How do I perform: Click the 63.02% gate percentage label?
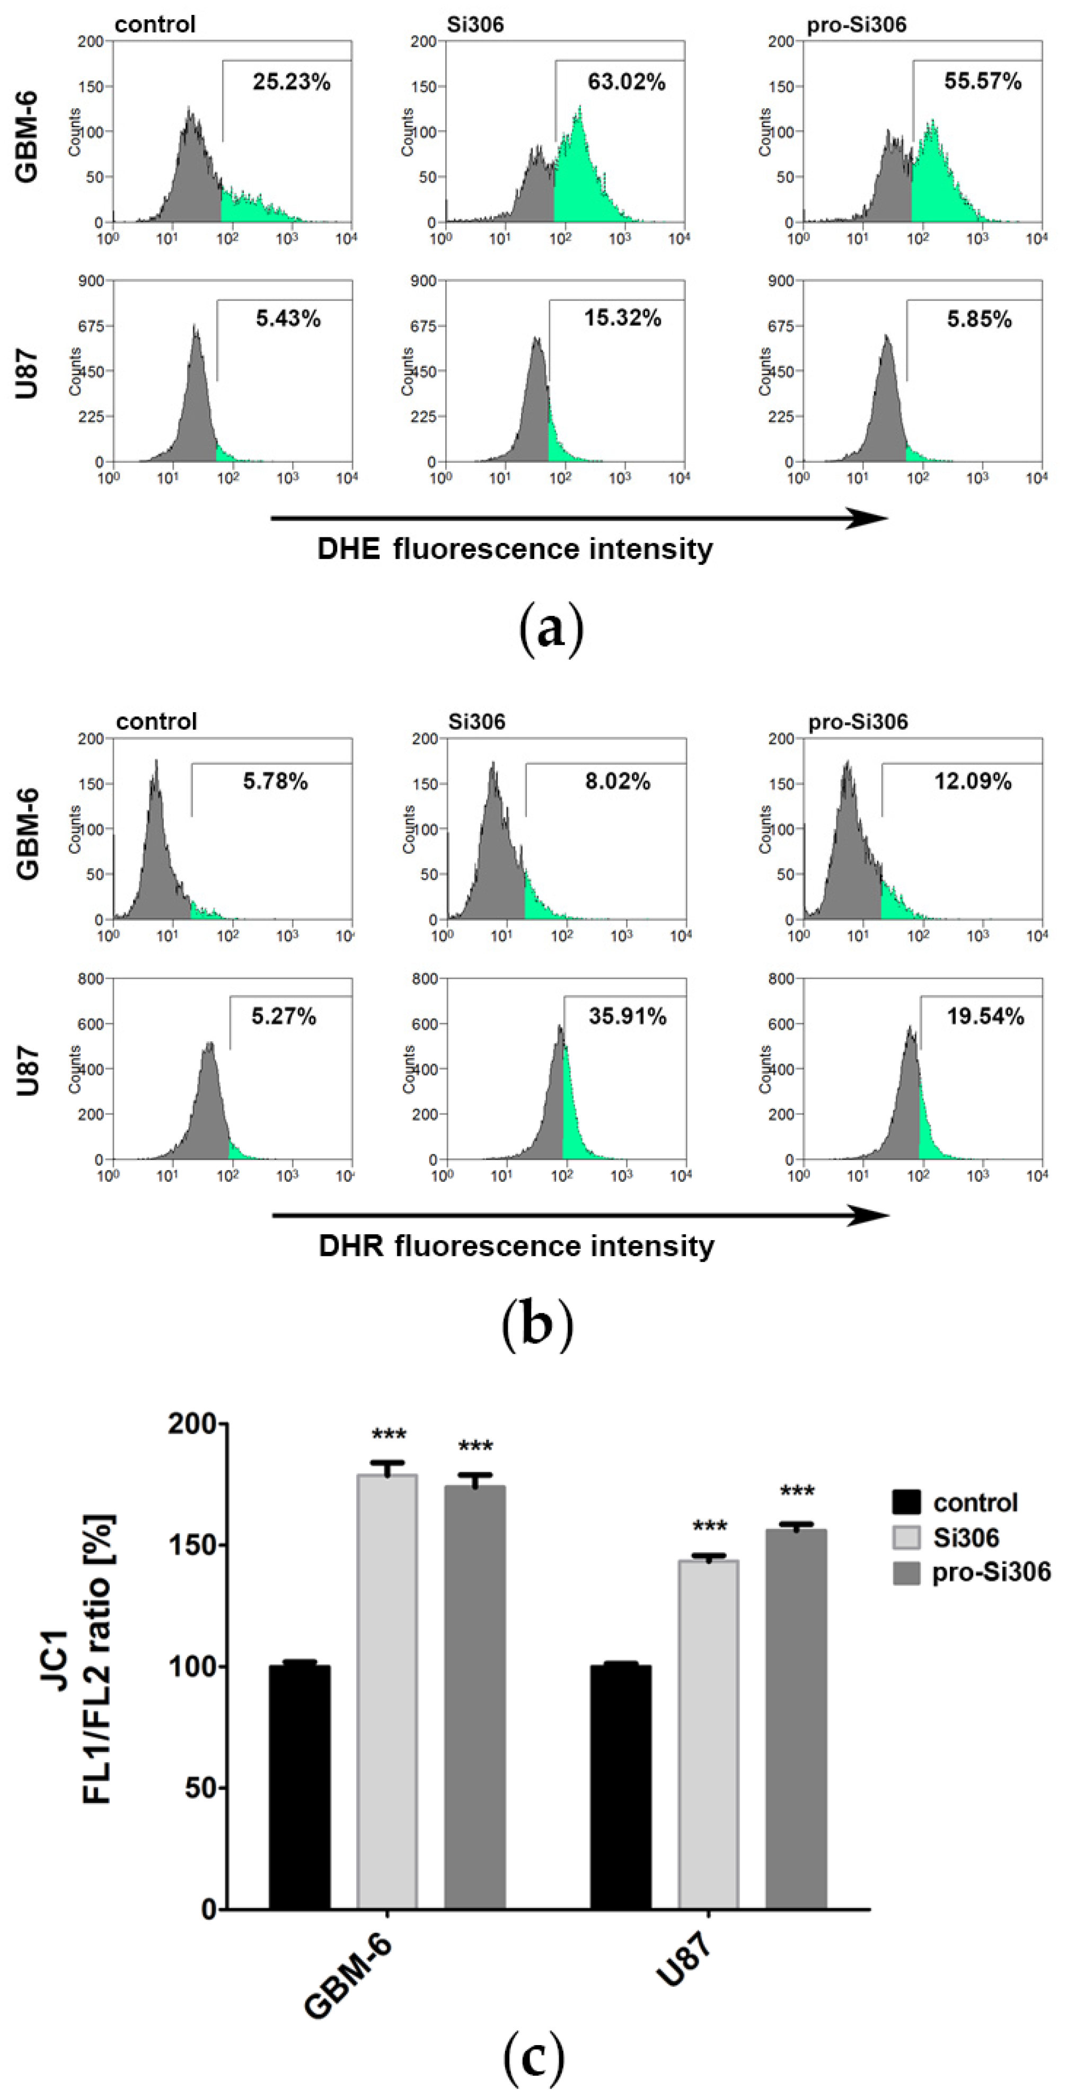point(626,82)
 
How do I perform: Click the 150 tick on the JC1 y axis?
point(191,1545)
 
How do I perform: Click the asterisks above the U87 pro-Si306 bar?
point(797,1493)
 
